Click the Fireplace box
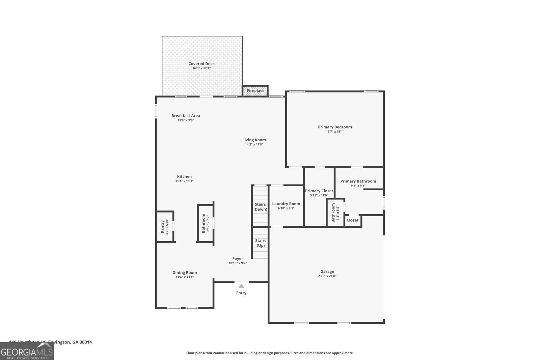(255, 91)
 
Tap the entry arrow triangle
(241, 286)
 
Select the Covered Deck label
(201, 64)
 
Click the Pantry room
(165, 227)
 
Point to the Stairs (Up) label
(261, 243)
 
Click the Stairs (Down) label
(260, 207)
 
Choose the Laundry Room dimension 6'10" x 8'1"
(286, 209)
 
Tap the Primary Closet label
(319, 191)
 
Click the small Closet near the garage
(352, 220)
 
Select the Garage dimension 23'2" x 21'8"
(327, 276)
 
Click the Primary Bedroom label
(335, 127)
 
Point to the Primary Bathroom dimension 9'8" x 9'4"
(358, 186)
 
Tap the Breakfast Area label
(186, 116)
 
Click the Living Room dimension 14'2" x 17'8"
(254, 144)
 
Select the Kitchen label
(184, 176)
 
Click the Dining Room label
(185, 273)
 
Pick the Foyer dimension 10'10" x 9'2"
(238, 263)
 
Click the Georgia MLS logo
(27, 352)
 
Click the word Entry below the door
(241, 293)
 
